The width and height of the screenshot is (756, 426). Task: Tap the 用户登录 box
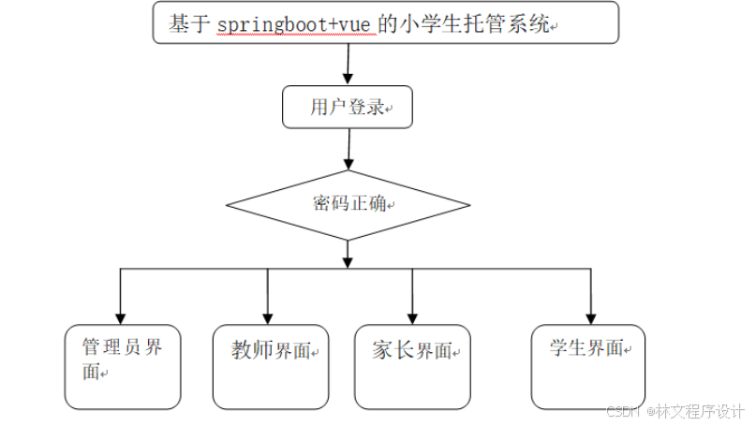pos(348,107)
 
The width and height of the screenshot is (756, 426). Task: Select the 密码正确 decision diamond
pos(348,205)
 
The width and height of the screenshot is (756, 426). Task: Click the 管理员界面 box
pos(122,366)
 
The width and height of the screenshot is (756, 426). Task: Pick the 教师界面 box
pos(271,366)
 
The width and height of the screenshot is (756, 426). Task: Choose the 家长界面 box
pos(412,366)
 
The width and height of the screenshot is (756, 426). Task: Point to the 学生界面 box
pos(587,365)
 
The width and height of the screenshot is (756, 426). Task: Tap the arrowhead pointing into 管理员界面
pos(120,317)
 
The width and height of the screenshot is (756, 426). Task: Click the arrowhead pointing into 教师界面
pos(268,317)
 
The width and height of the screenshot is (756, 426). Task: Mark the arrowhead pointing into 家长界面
pos(412,317)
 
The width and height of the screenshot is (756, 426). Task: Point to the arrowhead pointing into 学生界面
pos(590,317)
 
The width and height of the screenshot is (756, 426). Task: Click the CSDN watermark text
pos(622,411)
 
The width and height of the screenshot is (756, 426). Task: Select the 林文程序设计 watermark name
pos(700,411)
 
